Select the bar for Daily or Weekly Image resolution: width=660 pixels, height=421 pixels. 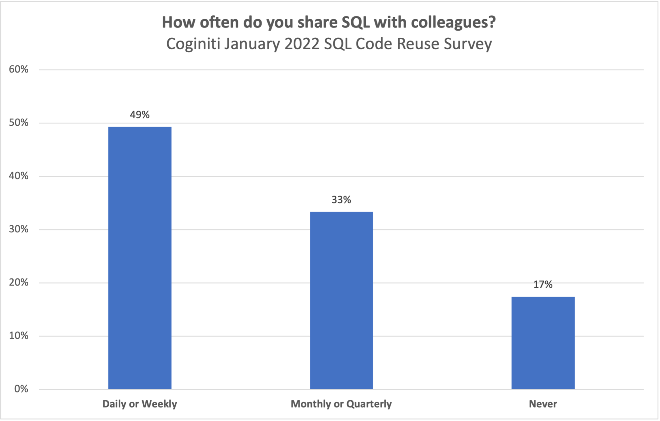pos(140,258)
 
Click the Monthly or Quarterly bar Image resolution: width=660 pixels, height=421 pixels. pos(341,300)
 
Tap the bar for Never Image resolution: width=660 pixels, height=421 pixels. pos(543,343)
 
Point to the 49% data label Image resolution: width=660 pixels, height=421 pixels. pos(140,115)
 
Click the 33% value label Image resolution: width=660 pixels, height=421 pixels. pos(341,200)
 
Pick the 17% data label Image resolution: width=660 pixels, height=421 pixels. pos(543,285)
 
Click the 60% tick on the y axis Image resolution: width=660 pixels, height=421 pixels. pos(19,69)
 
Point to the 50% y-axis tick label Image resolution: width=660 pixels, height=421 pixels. pos(19,123)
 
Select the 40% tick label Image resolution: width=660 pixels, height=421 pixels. pos(19,176)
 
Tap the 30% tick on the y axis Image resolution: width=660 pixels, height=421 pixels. pos(19,229)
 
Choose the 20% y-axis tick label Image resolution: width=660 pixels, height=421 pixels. pos(19,282)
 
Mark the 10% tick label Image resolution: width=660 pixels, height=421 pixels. pos(19,336)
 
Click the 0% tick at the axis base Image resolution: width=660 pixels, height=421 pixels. pos(21,389)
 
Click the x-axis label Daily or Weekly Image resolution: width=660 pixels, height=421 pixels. pos(140,404)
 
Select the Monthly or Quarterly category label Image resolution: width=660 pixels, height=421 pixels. pos(341,404)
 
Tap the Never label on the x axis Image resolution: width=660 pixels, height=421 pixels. pos(543,404)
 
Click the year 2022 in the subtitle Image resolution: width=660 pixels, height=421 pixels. pos(302,44)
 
